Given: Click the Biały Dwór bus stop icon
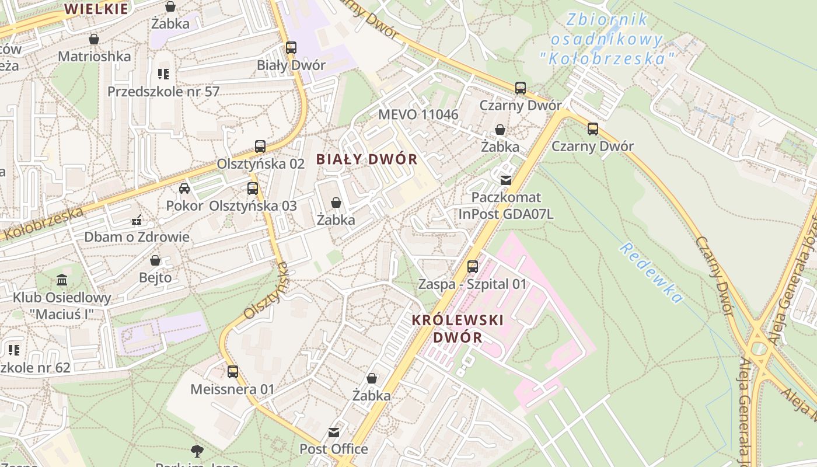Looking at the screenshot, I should click(x=291, y=48).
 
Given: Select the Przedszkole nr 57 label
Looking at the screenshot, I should click(x=163, y=92).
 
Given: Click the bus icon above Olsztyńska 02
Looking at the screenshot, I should click(x=260, y=146).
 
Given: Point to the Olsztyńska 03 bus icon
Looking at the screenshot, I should click(x=252, y=189).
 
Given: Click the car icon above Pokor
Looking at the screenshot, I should click(x=184, y=188).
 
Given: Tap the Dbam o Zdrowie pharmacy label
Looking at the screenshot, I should click(x=137, y=236).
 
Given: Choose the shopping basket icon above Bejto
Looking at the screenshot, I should click(x=155, y=260).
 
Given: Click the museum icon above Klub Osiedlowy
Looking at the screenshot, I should click(x=62, y=280).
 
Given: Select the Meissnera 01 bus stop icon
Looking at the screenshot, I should click(x=232, y=371).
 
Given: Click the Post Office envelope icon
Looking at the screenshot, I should click(x=334, y=433).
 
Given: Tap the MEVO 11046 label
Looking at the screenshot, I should click(x=418, y=114).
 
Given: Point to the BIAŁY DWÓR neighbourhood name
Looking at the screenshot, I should click(x=367, y=159).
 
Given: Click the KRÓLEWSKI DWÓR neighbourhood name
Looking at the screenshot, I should click(x=458, y=329).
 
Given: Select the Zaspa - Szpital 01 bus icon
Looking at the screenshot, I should click(x=473, y=267).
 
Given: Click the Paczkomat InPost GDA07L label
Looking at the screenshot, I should click(x=506, y=205).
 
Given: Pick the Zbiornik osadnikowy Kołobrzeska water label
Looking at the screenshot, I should click(x=607, y=39).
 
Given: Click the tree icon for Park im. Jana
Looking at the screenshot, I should click(x=197, y=450).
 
